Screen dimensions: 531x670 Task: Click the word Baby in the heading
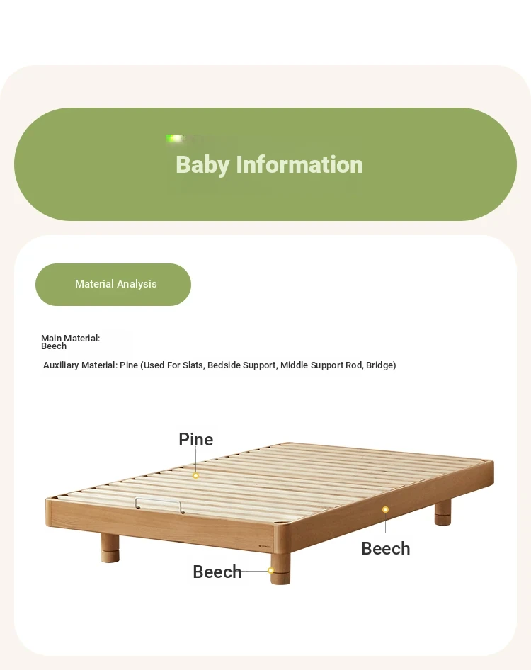click(202, 165)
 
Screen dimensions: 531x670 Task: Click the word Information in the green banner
click(299, 164)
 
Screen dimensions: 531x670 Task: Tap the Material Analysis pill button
click(113, 285)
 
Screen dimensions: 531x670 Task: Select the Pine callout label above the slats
click(195, 439)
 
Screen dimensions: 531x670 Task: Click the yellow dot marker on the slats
click(195, 475)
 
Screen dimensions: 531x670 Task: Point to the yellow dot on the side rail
click(385, 509)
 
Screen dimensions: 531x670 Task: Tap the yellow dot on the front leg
click(271, 570)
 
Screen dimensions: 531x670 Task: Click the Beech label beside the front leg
click(217, 572)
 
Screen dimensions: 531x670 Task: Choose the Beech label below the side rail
click(386, 548)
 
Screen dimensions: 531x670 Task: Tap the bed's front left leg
click(110, 548)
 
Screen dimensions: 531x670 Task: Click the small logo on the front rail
click(265, 546)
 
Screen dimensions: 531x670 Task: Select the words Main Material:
click(71, 338)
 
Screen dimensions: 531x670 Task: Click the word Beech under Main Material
click(54, 346)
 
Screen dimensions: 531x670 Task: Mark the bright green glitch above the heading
click(175, 138)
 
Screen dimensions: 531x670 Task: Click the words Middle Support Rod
click(321, 365)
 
